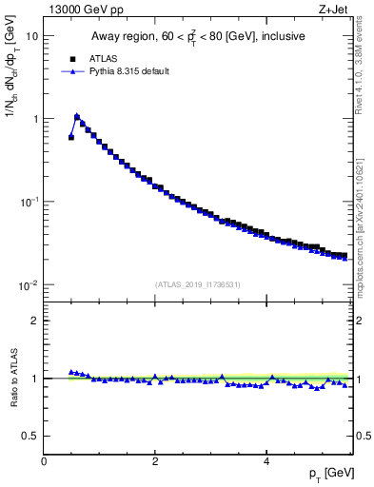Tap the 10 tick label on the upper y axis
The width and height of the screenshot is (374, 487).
coord(32,36)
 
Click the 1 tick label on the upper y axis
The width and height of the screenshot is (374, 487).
coord(35,119)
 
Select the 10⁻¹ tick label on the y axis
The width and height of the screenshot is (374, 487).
coord(30,202)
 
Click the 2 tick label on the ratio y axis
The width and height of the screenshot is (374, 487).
coord(35,321)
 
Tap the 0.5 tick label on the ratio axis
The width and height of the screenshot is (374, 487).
coord(30,436)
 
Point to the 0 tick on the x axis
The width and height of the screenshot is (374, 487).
coord(45,461)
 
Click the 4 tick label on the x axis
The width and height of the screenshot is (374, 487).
coord(266,461)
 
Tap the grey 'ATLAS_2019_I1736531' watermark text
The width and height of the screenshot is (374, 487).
coord(198,284)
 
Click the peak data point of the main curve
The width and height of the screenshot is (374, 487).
coord(77,117)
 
